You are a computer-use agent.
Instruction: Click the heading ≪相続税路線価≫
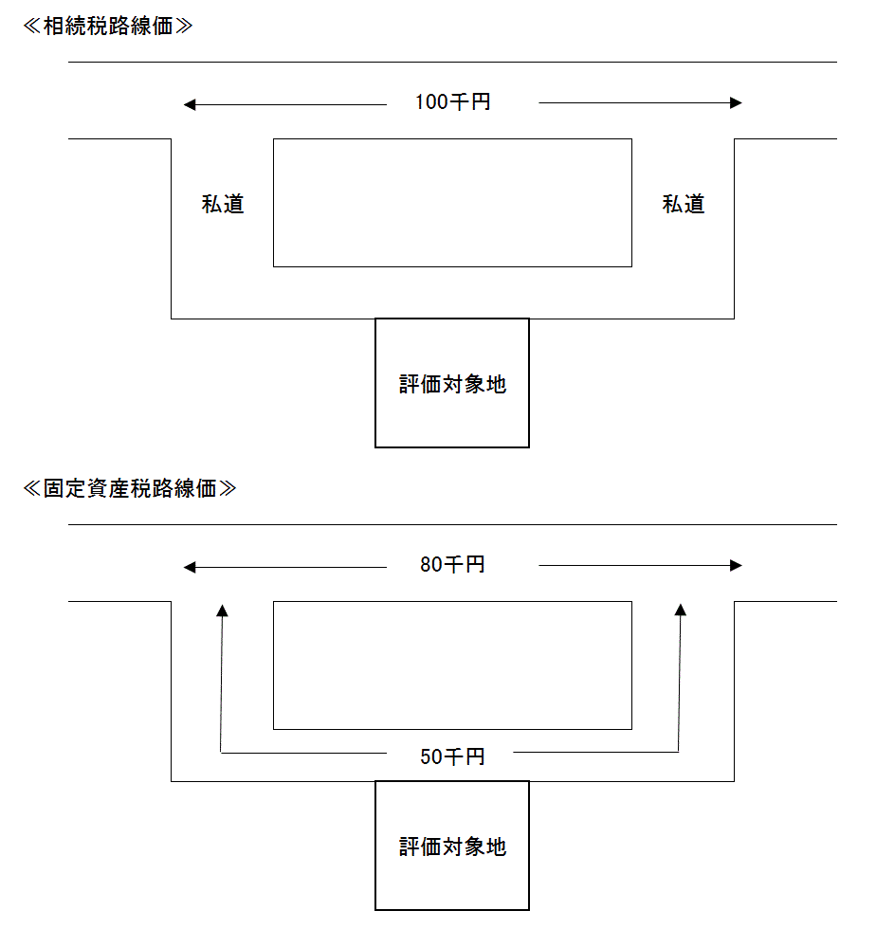tap(107, 27)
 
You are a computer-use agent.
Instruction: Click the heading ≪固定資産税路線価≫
tap(129, 489)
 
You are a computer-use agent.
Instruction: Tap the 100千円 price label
tap(453, 102)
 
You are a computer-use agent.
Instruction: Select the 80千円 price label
tap(453, 565)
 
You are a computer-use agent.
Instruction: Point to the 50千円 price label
tap(453, 756)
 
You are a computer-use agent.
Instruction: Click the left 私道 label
tap(223, 204)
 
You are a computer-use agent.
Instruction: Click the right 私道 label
tap(684, 204)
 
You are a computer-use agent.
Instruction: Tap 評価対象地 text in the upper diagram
tap(453, 384)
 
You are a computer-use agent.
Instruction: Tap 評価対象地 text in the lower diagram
tap(453, 847)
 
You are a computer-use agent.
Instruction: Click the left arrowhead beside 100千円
tap(190, 103)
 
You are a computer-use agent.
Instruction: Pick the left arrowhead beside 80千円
tap(190, 567)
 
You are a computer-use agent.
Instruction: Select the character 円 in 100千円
tap(481, 102)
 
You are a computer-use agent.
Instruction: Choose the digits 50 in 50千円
tap(431, 756)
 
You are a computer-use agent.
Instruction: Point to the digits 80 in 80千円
tap(431, 565)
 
